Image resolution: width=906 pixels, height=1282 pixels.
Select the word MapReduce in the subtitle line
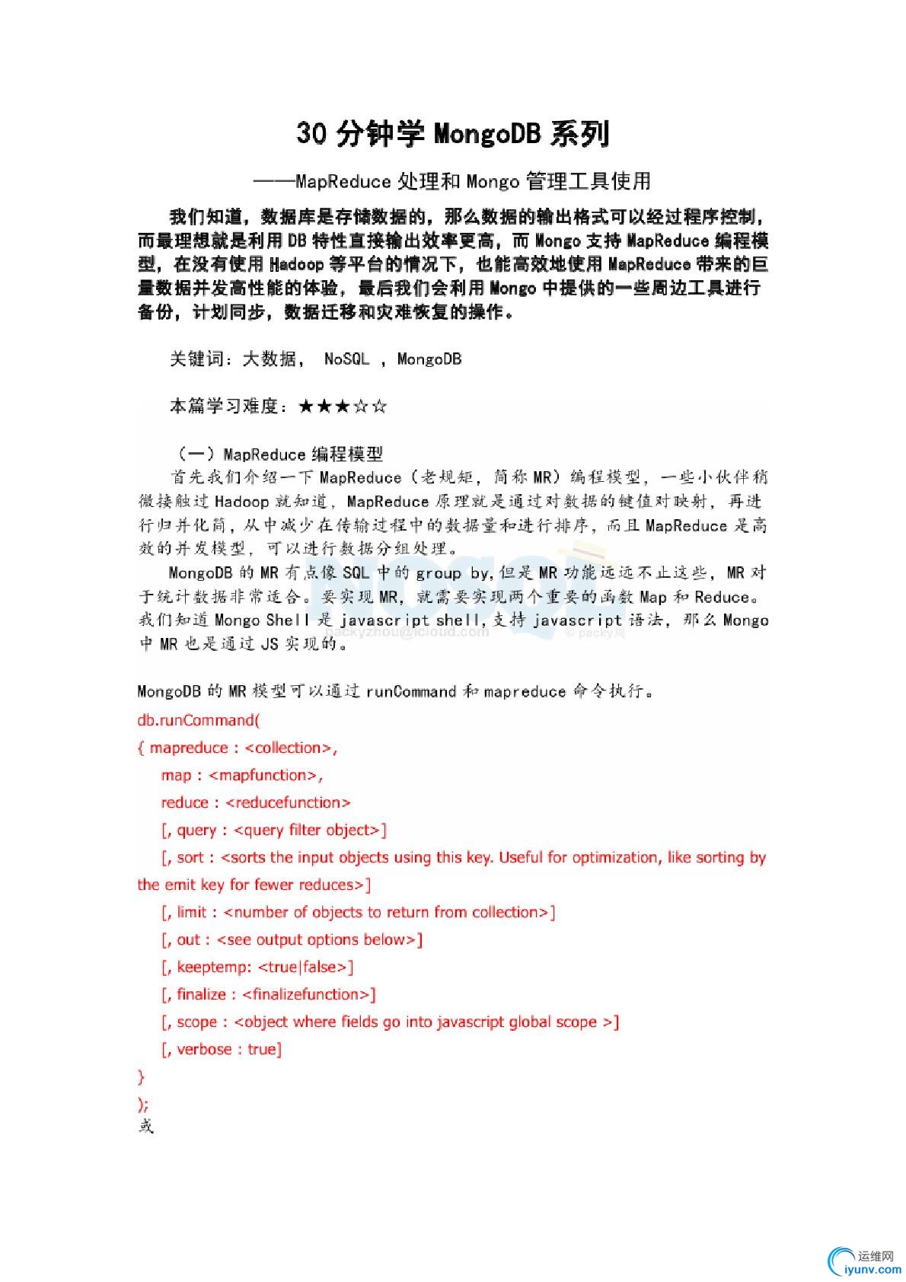(343, 181)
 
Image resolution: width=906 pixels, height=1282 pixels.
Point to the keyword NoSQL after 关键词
(346, 359)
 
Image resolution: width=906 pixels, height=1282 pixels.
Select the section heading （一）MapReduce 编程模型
(276, 454)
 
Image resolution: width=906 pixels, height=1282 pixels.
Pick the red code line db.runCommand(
(198, 719)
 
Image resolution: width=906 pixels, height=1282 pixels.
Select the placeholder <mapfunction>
(263, 775)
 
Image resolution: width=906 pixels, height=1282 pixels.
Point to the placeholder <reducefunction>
(289, 802)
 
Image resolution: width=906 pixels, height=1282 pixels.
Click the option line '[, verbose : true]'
(222, 1049)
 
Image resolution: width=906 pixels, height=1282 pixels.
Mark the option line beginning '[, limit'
(358, 912)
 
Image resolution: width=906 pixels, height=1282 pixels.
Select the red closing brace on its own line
(141, 1076)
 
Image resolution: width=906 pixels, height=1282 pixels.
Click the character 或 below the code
(145, 1125)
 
